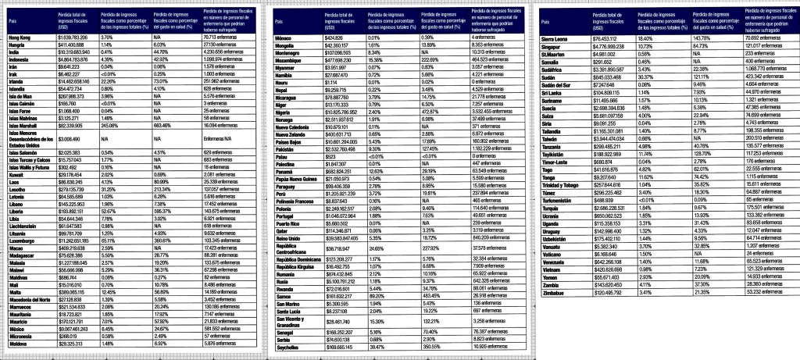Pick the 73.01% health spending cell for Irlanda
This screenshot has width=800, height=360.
pos(162,80)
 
